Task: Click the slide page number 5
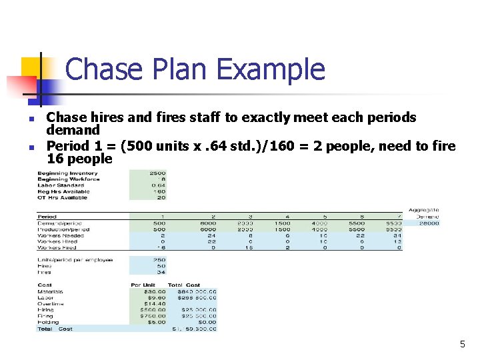point(462,345)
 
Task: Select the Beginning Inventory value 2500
point(157,173)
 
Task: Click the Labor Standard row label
point(64,185)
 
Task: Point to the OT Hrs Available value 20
point(160,197)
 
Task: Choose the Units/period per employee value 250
point(159,260)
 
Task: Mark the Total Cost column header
point(183,285)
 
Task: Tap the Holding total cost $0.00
point(207,322)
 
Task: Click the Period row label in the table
point(47,217)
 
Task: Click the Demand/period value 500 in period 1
point(159,223)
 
